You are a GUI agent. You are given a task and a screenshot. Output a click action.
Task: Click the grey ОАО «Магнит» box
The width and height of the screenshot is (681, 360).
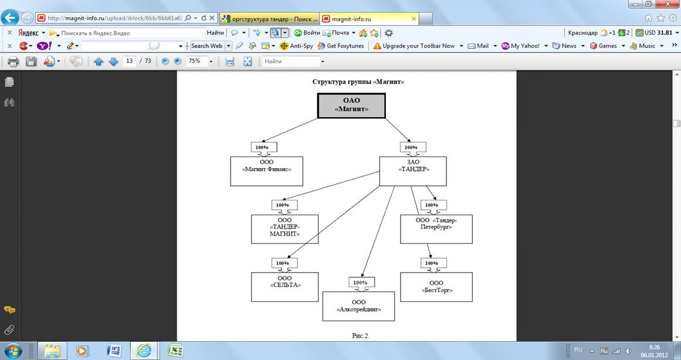(x=351, y=105)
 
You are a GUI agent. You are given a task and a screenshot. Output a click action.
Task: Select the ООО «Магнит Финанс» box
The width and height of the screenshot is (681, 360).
(x=266, y=171)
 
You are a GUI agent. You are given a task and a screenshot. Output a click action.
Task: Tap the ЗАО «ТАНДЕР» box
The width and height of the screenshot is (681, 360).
(x=412, y=171)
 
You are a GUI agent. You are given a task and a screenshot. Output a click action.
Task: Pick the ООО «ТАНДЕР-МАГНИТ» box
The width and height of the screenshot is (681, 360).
(x=284, y=229)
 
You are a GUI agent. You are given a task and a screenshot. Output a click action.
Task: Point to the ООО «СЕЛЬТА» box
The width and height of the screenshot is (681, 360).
(x=284, y=286)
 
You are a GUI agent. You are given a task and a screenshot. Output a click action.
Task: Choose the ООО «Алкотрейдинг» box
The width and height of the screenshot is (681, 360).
(x=358, y=306)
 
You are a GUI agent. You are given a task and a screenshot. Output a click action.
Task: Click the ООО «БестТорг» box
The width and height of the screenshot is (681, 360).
(x=436, y=287)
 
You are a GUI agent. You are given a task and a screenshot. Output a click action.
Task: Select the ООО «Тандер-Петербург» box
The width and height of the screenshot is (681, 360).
(x=436, y=229)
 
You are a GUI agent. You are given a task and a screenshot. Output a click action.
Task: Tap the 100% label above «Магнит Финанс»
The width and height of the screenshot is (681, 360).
(x=264, y=147)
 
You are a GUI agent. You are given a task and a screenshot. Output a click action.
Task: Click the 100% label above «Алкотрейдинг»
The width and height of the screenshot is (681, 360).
(x=361, y=283)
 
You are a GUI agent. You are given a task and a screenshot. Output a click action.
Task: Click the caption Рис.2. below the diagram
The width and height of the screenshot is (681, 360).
(x=360, y=335)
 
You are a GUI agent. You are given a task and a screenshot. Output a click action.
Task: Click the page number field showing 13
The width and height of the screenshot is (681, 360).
(x=130, y=61)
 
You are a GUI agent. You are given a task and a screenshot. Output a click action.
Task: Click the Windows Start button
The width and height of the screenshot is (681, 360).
(x=12, y=351)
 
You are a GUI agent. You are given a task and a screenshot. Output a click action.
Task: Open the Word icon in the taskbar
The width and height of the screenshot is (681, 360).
(x=114, y=351)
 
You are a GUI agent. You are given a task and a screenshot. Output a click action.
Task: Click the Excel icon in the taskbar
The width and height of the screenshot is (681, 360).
(x=175, y=351)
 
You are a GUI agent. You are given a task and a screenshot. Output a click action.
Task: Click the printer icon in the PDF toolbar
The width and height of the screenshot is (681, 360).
(x=13, y=61)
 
